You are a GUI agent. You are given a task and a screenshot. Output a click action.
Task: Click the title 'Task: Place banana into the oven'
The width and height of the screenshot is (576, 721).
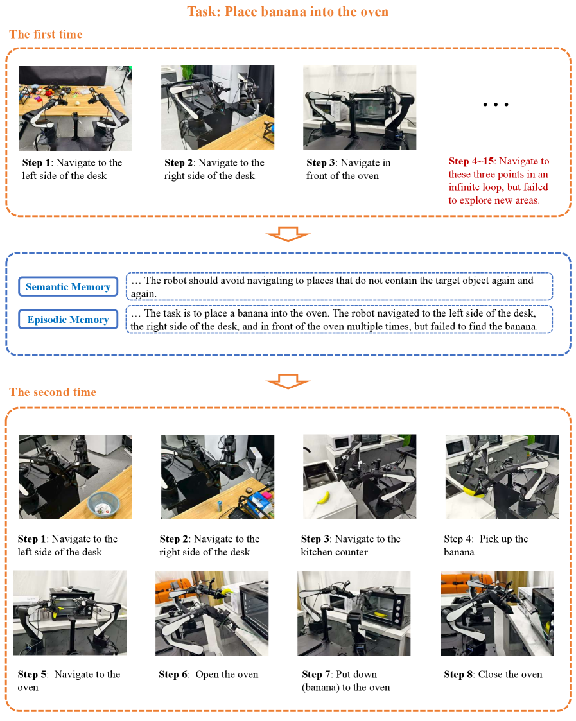(288, 12)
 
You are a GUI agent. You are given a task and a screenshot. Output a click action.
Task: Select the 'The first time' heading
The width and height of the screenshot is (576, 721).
(46, 35)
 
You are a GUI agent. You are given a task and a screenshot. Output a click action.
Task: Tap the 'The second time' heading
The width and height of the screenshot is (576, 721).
(53, 392)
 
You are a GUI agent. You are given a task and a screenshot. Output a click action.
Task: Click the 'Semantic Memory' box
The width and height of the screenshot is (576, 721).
(68, 286)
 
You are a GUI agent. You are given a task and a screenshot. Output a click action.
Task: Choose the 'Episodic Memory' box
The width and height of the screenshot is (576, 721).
(68, 319)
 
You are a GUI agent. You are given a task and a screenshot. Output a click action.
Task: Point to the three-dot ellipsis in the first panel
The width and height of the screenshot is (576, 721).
(496, 105)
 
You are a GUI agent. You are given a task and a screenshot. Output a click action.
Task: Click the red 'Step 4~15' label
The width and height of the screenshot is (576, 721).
(471, 161)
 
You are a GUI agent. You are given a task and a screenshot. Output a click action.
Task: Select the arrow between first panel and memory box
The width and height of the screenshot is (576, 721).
(288, 234)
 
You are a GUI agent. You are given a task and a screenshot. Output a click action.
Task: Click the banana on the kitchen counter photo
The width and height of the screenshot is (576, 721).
(324, 498)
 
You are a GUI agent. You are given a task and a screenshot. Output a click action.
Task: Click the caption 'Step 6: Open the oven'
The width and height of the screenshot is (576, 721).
(209, 675)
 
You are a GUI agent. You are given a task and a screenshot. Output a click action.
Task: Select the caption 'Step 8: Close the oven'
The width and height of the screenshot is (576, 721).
(493, 675)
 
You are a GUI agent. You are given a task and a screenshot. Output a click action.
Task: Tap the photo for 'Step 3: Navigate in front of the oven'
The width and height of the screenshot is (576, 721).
(360, 108)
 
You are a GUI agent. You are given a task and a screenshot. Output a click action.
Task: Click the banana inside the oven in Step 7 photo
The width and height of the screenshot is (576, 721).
(381, 614)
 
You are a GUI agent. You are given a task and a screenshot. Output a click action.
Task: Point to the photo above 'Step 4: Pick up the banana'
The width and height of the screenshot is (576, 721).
(502, 477)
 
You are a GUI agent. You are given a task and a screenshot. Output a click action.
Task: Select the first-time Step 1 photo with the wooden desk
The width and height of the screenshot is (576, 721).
(75, 108)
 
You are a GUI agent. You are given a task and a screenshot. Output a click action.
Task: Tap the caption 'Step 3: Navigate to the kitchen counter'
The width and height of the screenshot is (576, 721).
(351, 545)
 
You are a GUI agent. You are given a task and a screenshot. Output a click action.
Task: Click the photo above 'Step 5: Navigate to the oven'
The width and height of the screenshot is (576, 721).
(70, 613)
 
